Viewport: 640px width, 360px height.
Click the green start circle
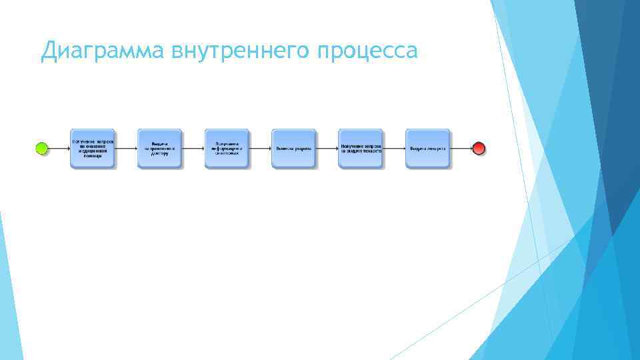point(42,148)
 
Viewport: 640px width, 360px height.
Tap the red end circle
point(479,148)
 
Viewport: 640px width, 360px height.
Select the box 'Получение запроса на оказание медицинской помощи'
point(93,149)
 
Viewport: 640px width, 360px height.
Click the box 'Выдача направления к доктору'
point(159,149)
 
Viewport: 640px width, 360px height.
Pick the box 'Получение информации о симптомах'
point(227,149)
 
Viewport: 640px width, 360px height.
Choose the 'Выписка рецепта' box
point(293,149)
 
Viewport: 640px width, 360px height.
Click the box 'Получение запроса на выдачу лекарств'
point(361,149)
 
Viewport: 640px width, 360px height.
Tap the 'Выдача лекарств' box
point(428,149)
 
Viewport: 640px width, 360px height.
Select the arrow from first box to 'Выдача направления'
point(126,148)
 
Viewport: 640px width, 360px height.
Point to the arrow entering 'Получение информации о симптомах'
point(193,148)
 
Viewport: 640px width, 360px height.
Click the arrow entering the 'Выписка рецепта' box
point(260,148)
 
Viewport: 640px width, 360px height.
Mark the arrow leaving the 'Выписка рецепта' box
point(327,148)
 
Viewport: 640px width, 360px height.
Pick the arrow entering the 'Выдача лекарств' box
point(395,148)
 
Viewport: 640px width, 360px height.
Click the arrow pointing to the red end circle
point(461,148)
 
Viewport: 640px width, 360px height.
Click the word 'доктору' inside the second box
point(159,153)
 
